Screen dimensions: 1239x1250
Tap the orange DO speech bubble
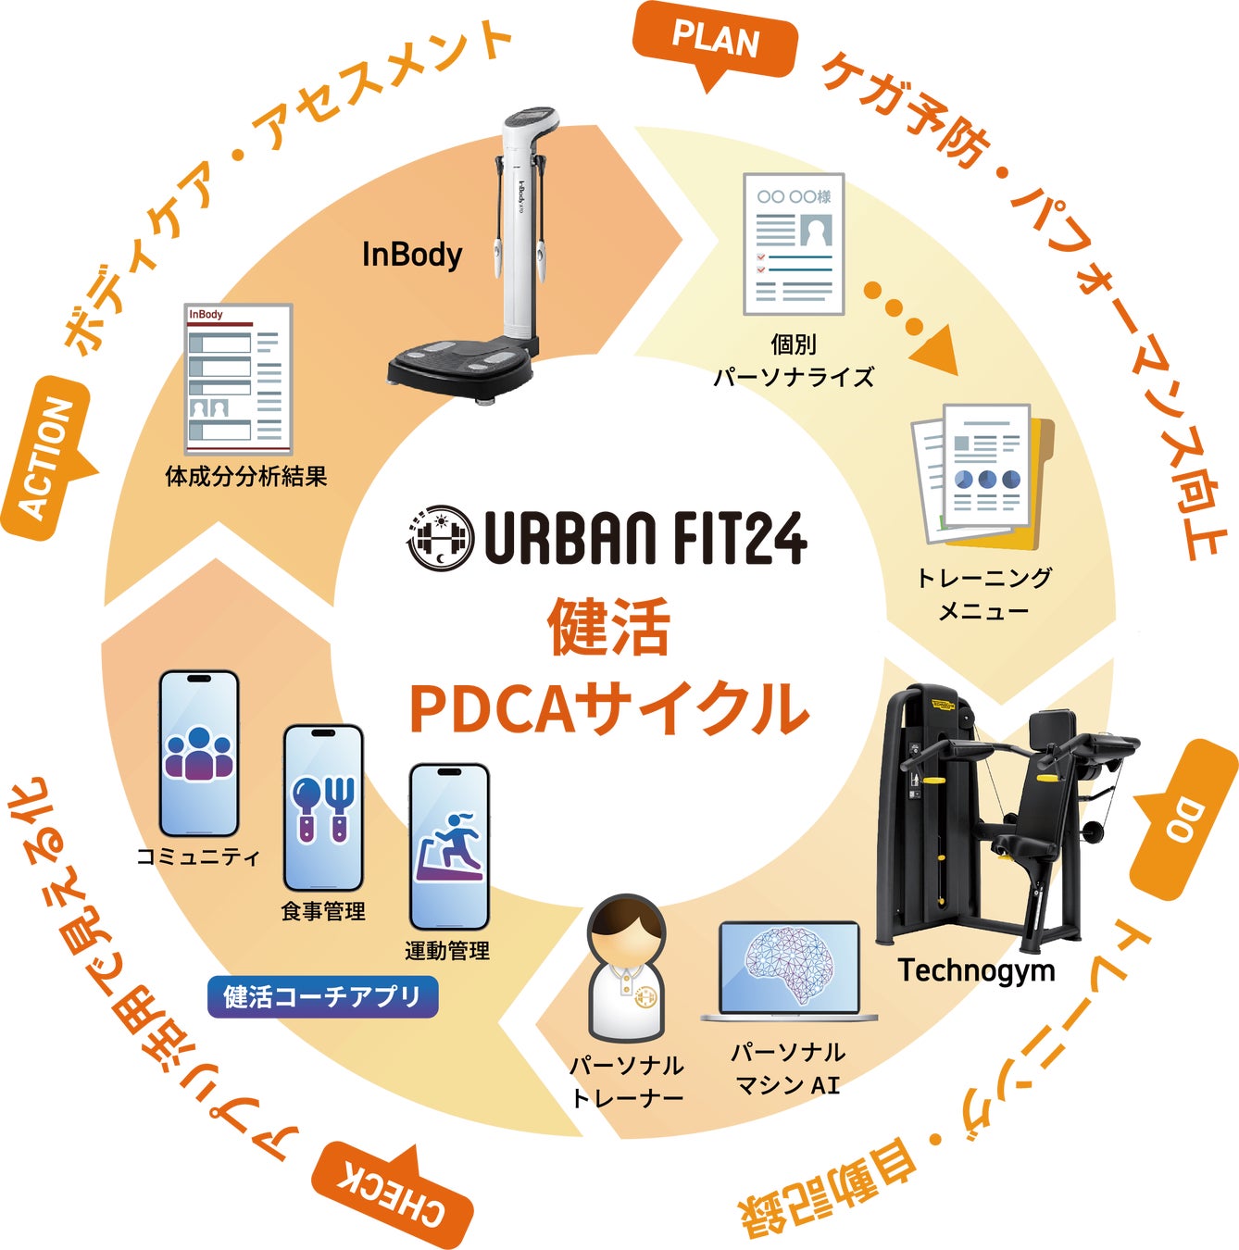(1186, 819)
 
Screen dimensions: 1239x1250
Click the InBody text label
(411, 255)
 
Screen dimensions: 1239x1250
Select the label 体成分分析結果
(246, 477)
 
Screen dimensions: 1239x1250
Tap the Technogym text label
(976, 970)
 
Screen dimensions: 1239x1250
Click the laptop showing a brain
(789, 972)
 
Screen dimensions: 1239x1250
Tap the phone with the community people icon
(199, 754)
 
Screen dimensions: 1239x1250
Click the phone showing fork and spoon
(323, 807)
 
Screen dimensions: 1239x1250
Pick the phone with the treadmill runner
(449, 846)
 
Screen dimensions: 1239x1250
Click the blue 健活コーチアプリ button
(322, 997)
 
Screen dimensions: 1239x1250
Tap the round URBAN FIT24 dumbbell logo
(439, 536)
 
